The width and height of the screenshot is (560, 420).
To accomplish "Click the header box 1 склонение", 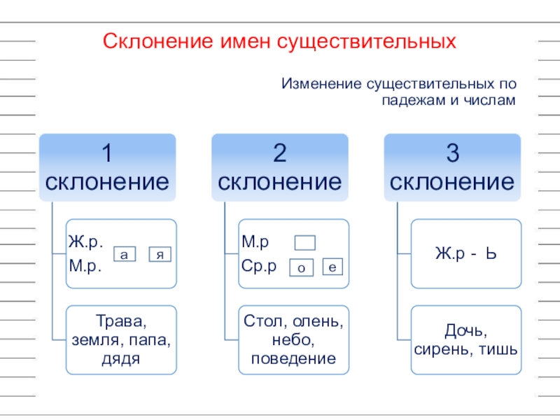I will point(107,168).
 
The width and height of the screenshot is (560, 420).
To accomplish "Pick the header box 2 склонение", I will point(280,168).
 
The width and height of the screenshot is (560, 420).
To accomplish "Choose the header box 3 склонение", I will point(452,168).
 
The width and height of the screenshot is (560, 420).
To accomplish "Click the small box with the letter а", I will point(124,255).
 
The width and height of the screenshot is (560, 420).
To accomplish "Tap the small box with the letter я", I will point(160,255).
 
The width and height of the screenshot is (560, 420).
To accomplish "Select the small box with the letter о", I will point(300,267).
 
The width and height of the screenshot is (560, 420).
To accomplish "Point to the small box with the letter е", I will point(332,267).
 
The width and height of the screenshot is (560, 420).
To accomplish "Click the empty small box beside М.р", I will point(305,243).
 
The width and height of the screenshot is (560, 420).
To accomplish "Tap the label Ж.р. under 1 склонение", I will point(85,243).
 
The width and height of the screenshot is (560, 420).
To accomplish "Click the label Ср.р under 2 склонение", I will point(260,266).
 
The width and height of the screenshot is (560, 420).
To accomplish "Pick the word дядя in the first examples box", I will point(121,359).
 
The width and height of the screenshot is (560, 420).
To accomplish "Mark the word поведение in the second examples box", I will point(293,359).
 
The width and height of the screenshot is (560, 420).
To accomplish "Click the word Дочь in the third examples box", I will point(465,330).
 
